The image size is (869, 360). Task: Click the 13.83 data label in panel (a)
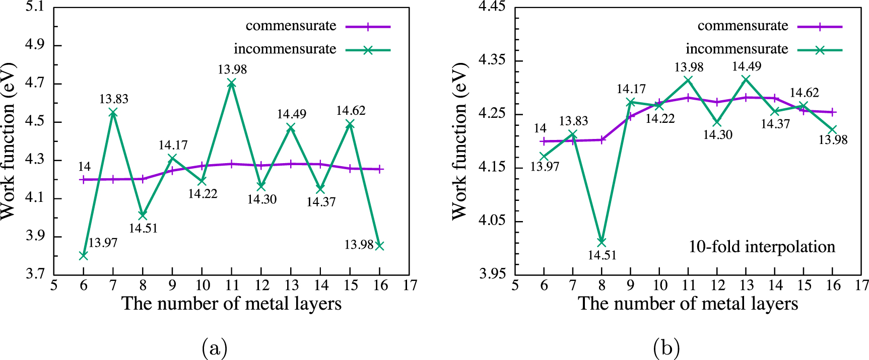click(x=113, y=99)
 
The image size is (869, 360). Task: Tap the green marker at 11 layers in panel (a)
click(x=232, y=83)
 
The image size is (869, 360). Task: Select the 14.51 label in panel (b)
click(x=601, y=255)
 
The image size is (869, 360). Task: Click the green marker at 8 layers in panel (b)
click(x=601, y=242)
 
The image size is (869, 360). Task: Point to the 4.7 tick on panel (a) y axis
click(x=35, y=84)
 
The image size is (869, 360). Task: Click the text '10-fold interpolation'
click(x=762, y=247)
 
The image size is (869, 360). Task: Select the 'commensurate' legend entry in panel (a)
click(x=291, y=26)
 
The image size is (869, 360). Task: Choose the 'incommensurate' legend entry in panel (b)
click(x=737, y=49)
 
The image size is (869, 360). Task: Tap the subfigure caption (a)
click(x=215, y=348)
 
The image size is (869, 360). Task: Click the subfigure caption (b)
click(x=666, y=348)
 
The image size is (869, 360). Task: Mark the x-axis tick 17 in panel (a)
click(x=410, y=285)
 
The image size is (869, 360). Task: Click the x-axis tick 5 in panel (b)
click(x=515, y=285)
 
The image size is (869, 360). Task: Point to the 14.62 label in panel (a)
click(x=351, y=111)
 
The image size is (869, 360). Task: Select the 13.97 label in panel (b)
click(x=545, y=167)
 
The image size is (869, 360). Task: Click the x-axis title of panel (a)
click(x=232, y=304)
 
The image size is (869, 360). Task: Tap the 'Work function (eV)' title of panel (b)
click(x=459, y=141)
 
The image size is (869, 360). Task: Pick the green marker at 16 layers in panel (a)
click(x=380, y=246)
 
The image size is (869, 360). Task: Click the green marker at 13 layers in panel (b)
click(x=746, y=79)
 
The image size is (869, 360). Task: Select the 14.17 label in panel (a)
click(x=173, y=146)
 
